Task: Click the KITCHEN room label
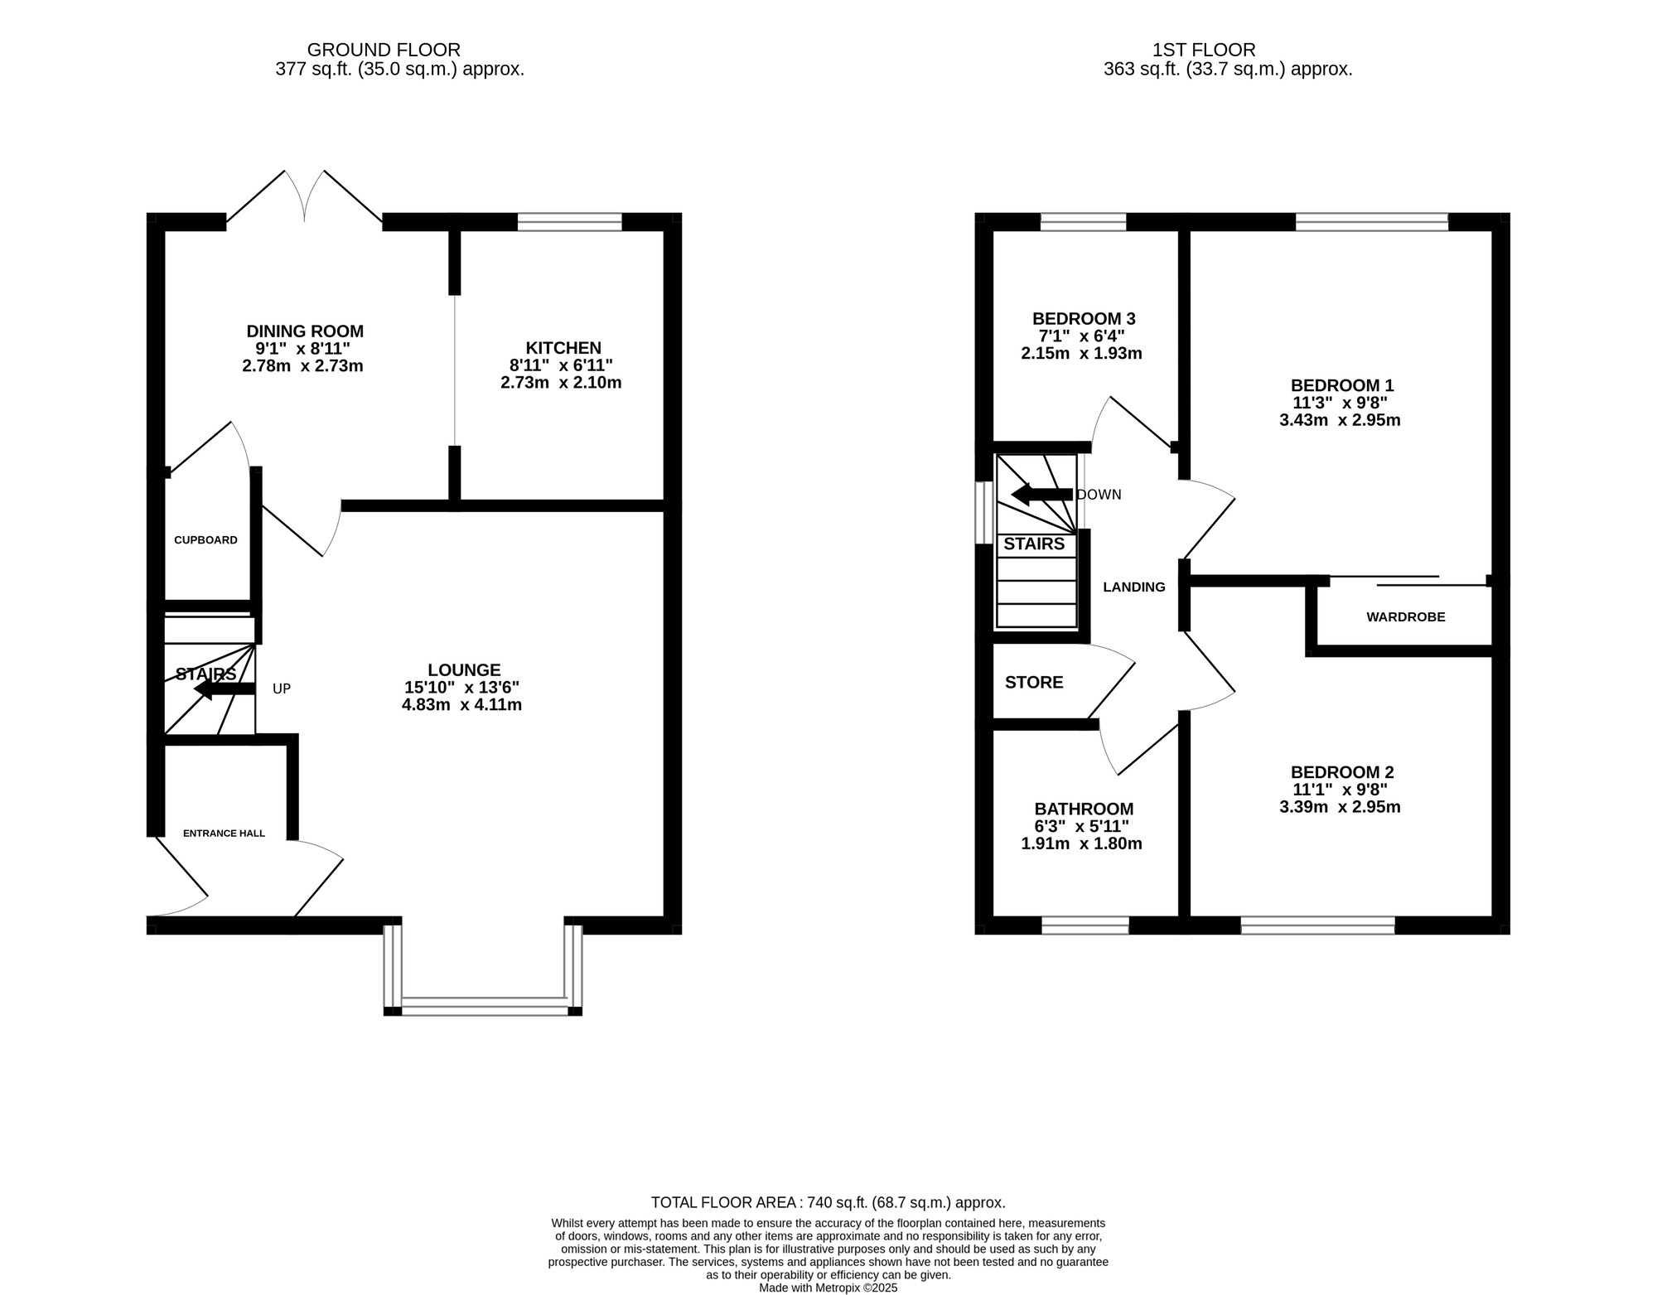[563, 348]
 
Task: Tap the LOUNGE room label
[463, 669]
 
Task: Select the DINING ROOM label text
[304, 331]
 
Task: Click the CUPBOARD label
[205, 540]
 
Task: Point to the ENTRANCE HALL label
[224, 833]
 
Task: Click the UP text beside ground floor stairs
[282, 689]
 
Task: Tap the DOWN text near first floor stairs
[1099, 495]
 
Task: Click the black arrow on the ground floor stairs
[223, 689]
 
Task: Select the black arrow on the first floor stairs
[1041, 495]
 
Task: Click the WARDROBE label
[1405, 616]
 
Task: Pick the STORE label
[1034, 682]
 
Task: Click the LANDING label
[1133, 587]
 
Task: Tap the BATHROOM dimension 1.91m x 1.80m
[1081, 843]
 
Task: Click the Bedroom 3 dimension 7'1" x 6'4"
[1081, 336]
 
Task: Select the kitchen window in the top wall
[569, 221]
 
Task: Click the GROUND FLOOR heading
[384, 50]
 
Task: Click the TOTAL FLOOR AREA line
[828, 1202]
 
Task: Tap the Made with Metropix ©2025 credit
[828, 1288]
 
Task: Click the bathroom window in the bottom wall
[1085, 925]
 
